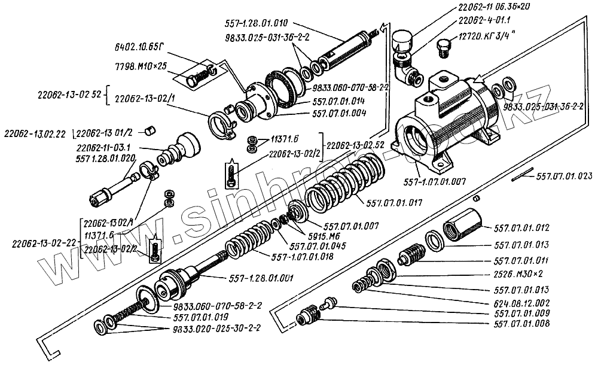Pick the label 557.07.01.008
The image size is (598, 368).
click(522, 326)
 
